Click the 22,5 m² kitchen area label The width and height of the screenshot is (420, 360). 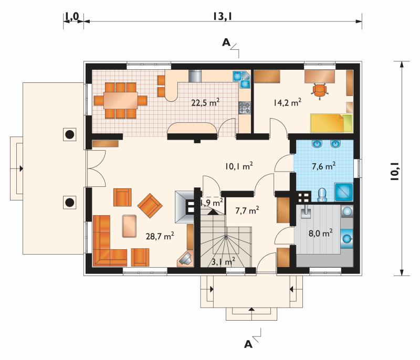pyautogui.click(x=205, y=102)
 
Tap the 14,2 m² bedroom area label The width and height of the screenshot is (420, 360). pyautogui.click(x=287, y=102)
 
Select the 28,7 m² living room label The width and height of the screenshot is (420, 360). pyautogui.click(x=160, y=236)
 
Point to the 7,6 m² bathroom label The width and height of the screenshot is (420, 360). pyautogui.click(x=323, y=166)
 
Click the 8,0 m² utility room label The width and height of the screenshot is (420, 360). pyautogui.click(x=320, y=233)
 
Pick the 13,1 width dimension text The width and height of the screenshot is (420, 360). pyautogui.click(x=222, y=16)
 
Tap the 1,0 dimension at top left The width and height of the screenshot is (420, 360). pyautogui.click(x=72, y=16)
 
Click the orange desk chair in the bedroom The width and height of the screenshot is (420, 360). pyautogui.click(x=320, y=90)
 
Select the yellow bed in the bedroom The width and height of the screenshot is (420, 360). pyautogui.click(x=331, y=123)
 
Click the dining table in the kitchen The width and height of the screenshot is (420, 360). pyautogui.click(x=121, y=100)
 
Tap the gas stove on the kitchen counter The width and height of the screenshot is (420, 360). pyautogui.click(x=245, y=108)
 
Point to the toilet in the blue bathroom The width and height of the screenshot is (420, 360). pyautogui.click(x=321, y=195)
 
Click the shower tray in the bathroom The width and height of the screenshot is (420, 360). pyautogui.click(x=343, y=192)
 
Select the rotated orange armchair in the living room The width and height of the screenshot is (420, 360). pyautogui.click(x=150, y=206)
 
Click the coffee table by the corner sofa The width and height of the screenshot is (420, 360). pyautogui.click(x=129, y=226)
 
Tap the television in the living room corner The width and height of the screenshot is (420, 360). pyautogui.click(x=185, y=259)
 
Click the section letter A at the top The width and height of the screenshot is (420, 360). pyautogui.click(x=226, y=43)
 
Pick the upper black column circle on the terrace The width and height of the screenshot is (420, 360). pyautogui.click(x=70, y=134)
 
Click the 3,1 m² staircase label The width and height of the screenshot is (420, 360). pyautogui.click(x=224, y=261)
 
